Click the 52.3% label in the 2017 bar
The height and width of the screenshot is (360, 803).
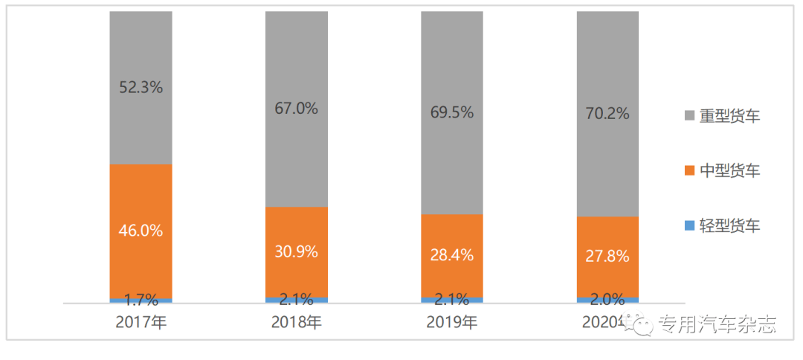[141, 87]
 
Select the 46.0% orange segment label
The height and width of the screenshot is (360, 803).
[141, 231]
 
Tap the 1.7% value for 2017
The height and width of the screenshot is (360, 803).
[141, 300]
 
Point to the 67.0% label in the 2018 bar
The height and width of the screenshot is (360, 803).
[297, 109]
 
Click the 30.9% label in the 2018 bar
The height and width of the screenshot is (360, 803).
[297, 251]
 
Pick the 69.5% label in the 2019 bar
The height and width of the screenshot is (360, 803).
[452, 113]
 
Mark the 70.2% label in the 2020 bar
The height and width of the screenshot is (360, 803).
[607, 114]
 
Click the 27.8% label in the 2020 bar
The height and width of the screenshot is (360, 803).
[607, 257]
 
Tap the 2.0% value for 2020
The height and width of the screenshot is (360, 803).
[607, 300]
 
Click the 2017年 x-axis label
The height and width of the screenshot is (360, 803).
[141, 323]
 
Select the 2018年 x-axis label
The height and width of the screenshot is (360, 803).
[297, 323]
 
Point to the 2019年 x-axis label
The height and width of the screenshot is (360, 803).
[452, 323]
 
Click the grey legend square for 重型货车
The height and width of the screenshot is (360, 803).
[689, 116]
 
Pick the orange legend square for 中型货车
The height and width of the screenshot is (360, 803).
[689, 171]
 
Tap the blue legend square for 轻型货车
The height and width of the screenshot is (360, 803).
[689, 225]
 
